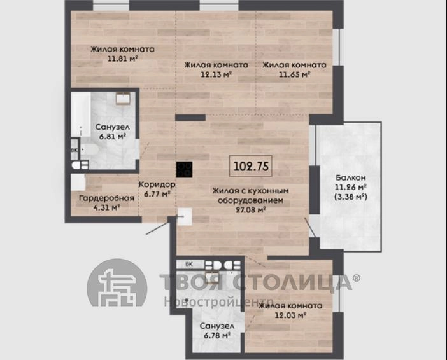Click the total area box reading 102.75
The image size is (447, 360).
(251, 166)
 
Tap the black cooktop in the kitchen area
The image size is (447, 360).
(184, 169)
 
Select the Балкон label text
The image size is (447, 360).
(351, 177)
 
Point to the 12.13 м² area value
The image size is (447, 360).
(216, 74)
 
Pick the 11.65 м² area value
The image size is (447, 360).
(294, 74)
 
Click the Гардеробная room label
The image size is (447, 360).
(106, 198)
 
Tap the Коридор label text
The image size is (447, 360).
(157, 184)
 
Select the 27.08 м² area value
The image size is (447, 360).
(251, 210)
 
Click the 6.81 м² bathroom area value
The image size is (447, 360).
(113, 136)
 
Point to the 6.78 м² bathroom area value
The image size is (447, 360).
(217, 335)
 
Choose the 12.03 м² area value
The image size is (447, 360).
(290, 315)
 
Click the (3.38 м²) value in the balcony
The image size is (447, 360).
(351, 197)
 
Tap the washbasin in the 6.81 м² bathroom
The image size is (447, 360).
(123, 98)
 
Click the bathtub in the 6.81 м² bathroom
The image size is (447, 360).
(81, 114)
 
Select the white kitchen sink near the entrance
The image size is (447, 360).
(185, 216)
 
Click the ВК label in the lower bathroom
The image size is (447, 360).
(189, 264)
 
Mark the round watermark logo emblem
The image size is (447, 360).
(117, 282)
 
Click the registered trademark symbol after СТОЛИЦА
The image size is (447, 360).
(357, 278)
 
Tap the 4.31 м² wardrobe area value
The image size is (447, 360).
(106, 207)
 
